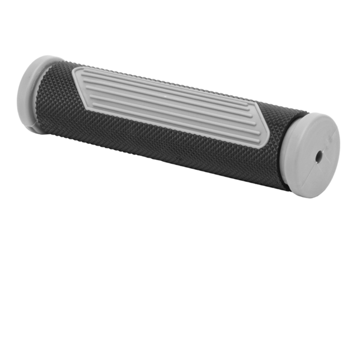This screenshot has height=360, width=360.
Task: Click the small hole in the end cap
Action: [x=319, y=155]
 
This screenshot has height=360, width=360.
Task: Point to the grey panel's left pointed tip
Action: [x=74, y=71]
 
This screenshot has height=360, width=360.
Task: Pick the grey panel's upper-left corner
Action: [x=78, y=69]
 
